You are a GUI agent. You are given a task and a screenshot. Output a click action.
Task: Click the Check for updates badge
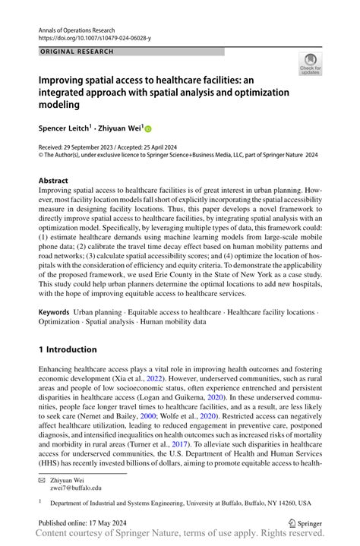tap(310, 65)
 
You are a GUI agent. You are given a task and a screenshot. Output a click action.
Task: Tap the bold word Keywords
tap(54, 312)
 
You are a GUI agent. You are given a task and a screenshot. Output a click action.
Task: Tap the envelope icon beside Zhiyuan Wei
tap(43, 479)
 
